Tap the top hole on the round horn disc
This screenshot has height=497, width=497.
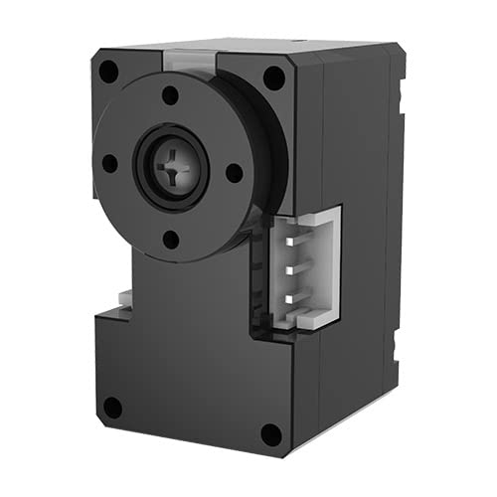[x=170, y=95]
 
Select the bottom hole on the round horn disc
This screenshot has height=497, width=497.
[x=170, y=239]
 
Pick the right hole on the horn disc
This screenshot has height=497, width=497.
[x=235, y=172]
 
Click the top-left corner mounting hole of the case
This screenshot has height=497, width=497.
[x=108, y=72]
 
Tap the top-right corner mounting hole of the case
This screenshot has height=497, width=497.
[x=273, y=79]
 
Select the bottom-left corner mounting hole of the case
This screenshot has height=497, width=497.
[x=112, y=408]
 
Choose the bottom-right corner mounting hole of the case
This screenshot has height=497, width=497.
[x=269, y=434]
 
